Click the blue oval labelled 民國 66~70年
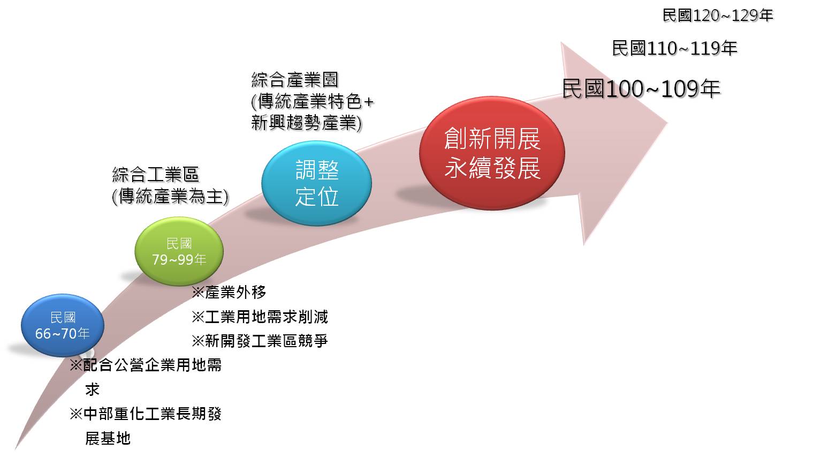(63, 325)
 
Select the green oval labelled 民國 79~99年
(179, 251)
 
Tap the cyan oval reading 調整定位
(316, 183)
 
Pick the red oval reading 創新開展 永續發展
(492, 153)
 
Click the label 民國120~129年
(718, 16)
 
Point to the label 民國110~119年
(674, 48)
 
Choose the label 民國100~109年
(641, 88)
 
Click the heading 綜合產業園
(294, 80)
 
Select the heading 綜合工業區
(155, 175)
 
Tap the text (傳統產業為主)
(170, 197)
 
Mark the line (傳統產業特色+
(312, 101)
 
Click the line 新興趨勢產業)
(306, 123)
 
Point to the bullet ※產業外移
(229, 292)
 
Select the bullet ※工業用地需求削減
(260, 317)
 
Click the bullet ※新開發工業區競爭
(260, 341)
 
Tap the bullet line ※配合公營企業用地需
(146, 365)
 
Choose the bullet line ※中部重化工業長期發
(146, 414)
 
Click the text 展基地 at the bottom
(108, 438)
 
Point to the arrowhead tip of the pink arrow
(667, 123)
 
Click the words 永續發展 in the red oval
(492, 168)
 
